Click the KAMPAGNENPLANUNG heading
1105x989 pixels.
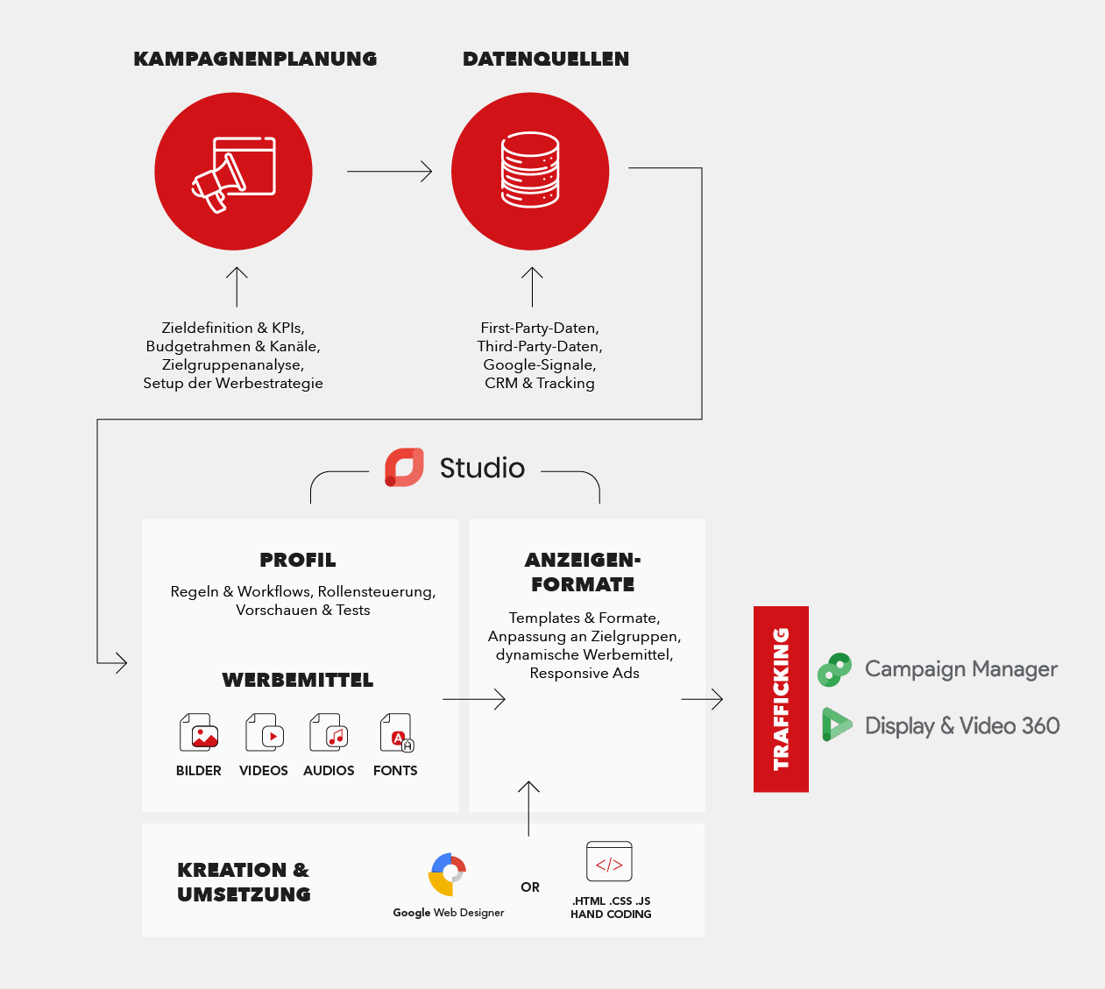(255, 59)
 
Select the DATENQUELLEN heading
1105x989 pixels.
(546, 59)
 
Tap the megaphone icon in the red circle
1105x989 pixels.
(233, 174)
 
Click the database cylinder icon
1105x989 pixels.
(530, 170)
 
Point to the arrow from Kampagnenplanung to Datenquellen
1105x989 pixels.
(389, 171)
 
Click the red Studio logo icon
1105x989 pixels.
(404, 467)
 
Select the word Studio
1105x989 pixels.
(482, 468)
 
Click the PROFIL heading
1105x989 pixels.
(298, 560)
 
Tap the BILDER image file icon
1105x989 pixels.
(199, 732)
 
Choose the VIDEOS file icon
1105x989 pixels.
(265, 732)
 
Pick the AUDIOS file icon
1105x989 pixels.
(329, 732)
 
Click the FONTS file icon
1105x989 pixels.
(396, 732)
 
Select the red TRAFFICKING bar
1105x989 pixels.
(781, 699)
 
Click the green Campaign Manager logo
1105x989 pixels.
(834, 669)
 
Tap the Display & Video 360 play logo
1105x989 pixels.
(837, 724)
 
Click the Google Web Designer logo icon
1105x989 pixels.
(448, 874)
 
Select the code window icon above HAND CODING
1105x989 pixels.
(609, 861)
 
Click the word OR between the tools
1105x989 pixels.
(530, 887)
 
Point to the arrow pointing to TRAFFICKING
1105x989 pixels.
(702, 699)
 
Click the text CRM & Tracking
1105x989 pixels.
(540, 383)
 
